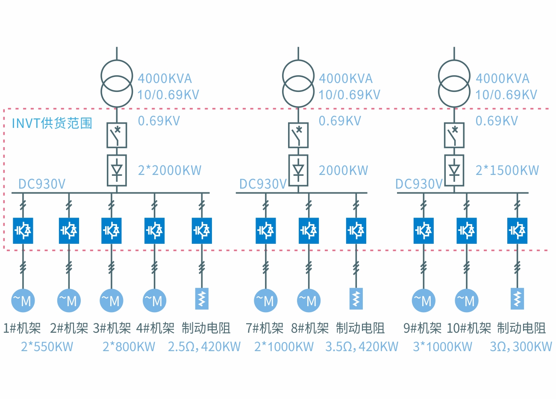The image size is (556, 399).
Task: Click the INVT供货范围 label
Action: click(52, 123)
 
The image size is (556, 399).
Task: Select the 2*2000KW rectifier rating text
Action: click(169, 170)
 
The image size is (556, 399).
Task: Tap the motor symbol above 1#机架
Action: click(23, 301)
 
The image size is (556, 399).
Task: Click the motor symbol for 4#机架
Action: click(154, 301)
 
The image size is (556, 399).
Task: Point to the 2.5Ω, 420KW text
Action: click(204, 346)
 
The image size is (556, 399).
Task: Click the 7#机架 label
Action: click(265, 328)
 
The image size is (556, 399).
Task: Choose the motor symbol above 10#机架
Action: click(466, 301)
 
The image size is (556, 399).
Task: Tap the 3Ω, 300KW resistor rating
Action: click(521, 346)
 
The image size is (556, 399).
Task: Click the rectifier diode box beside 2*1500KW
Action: click(454, 170)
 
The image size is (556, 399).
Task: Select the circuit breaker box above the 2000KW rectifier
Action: click(298, 135)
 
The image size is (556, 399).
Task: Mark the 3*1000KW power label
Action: click(442, 346)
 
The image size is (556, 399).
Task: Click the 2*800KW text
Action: click(129, 346)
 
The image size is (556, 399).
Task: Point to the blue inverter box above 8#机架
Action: click(309, 231)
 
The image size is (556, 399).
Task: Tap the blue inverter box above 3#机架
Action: click(112, 231)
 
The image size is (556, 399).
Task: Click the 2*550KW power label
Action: click(47, 346)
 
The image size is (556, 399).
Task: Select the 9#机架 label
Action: click(422, 328)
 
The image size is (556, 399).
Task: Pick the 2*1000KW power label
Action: click(284, 346)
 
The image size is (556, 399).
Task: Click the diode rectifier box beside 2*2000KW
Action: click(117, 170)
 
